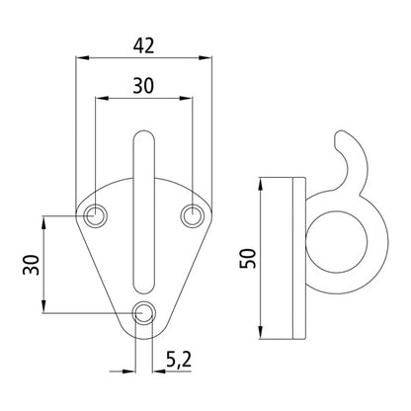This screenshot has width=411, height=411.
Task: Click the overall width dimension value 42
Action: pos(145,43)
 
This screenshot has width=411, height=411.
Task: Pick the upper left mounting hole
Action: pos(97,212)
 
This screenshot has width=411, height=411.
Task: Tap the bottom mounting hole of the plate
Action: pos(145,313)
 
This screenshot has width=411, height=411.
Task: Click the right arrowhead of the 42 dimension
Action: pos(208,57)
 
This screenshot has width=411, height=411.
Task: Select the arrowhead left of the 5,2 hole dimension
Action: pos(133,370)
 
